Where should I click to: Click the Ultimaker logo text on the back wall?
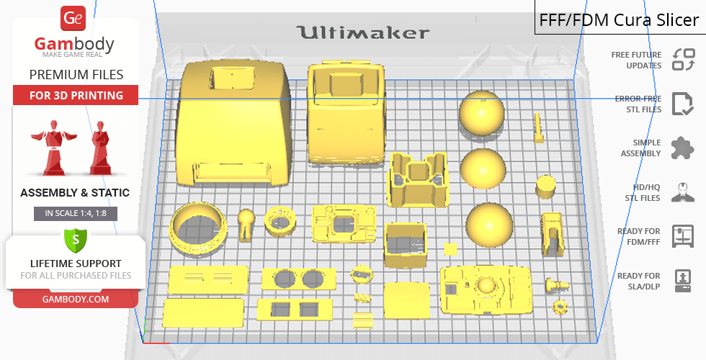[x=363, y=32]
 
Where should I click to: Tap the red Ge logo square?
[x=74, y=19]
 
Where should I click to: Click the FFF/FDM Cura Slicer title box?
[x=619, y=19]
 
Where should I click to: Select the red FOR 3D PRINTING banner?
[x=76, y=95]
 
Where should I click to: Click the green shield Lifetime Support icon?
[x=76, y=237]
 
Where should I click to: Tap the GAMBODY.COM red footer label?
[x=76, y=298]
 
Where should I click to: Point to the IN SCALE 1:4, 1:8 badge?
[x=76, y=213]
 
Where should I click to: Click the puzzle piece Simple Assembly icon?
[x=682, y=148]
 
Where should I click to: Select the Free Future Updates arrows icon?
[x=682, y=59]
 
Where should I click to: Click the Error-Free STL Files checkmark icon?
[x=682, y=104]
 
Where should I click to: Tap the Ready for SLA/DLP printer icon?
[x=682, y=280]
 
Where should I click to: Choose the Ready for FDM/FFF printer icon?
[x=682, y=235]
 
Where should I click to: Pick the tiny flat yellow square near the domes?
[x=450, y=248]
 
